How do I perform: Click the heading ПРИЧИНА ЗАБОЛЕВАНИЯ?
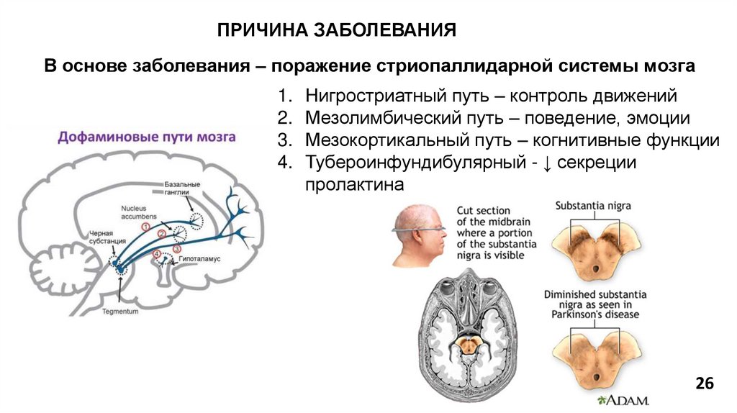tap(337, 29)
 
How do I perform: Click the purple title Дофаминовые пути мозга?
tap(147, 136)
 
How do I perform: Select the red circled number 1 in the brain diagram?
tap(145, 226)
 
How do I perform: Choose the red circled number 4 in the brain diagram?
tap(157, 255)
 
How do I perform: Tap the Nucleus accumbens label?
tap(138, 212)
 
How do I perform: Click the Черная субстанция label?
tap(107, 237)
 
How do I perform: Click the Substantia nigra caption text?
tap(592, 206)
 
